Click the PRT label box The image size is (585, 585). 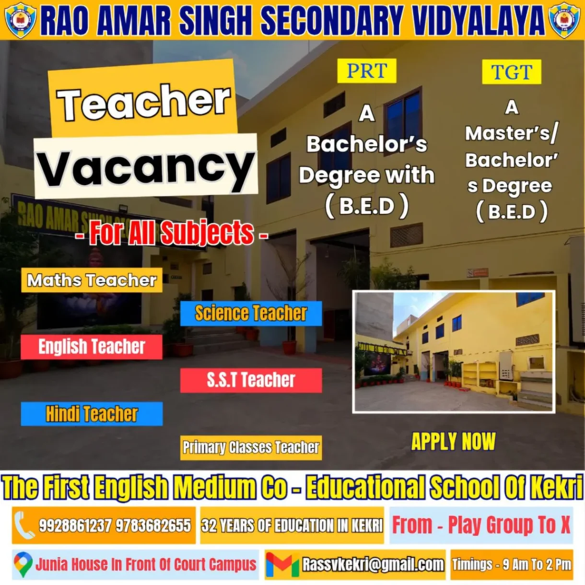pos(367,71)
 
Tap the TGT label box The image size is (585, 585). pos(512,72)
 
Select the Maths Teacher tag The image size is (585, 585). pos(92,280)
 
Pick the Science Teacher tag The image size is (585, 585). pos(251,313)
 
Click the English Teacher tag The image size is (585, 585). pos(92,347)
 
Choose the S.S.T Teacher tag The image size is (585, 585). pos(251,380)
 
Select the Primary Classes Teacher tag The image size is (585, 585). pos(251,448)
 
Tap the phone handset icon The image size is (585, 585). pos(24,525)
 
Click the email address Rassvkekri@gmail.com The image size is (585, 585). pos(373,565)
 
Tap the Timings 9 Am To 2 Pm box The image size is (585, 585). pos(512,565)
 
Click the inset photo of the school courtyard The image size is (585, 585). pos(454,352)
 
